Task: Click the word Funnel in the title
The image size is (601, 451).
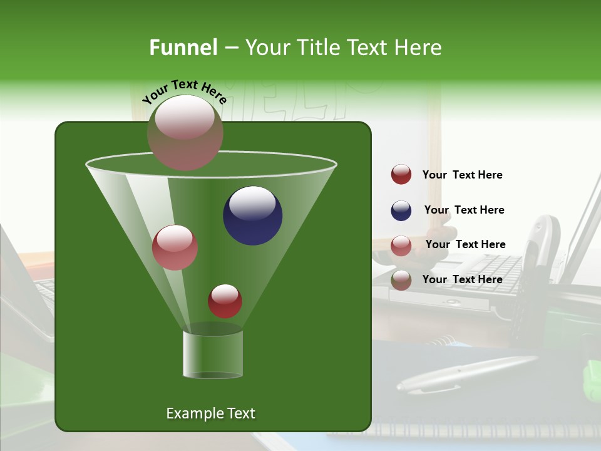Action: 183,48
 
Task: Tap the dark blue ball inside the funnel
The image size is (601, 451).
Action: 252,215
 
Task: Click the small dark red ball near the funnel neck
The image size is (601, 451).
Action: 225,301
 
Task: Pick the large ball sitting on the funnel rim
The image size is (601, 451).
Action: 185,132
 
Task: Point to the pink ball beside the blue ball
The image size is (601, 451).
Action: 175,247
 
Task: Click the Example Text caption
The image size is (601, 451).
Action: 210,413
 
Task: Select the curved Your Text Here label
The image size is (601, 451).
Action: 184,91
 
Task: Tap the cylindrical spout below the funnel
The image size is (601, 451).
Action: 212,354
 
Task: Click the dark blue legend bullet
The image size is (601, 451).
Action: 401,210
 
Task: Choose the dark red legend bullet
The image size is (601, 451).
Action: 401,174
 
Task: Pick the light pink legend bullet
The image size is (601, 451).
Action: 401,246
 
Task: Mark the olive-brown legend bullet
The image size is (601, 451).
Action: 401,280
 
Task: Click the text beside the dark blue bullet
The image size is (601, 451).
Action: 464,210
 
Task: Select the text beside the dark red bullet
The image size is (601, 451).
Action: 462,175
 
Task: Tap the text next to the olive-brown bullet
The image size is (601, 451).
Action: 462,279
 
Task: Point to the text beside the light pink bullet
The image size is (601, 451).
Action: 465,244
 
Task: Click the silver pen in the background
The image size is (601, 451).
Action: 466,374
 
